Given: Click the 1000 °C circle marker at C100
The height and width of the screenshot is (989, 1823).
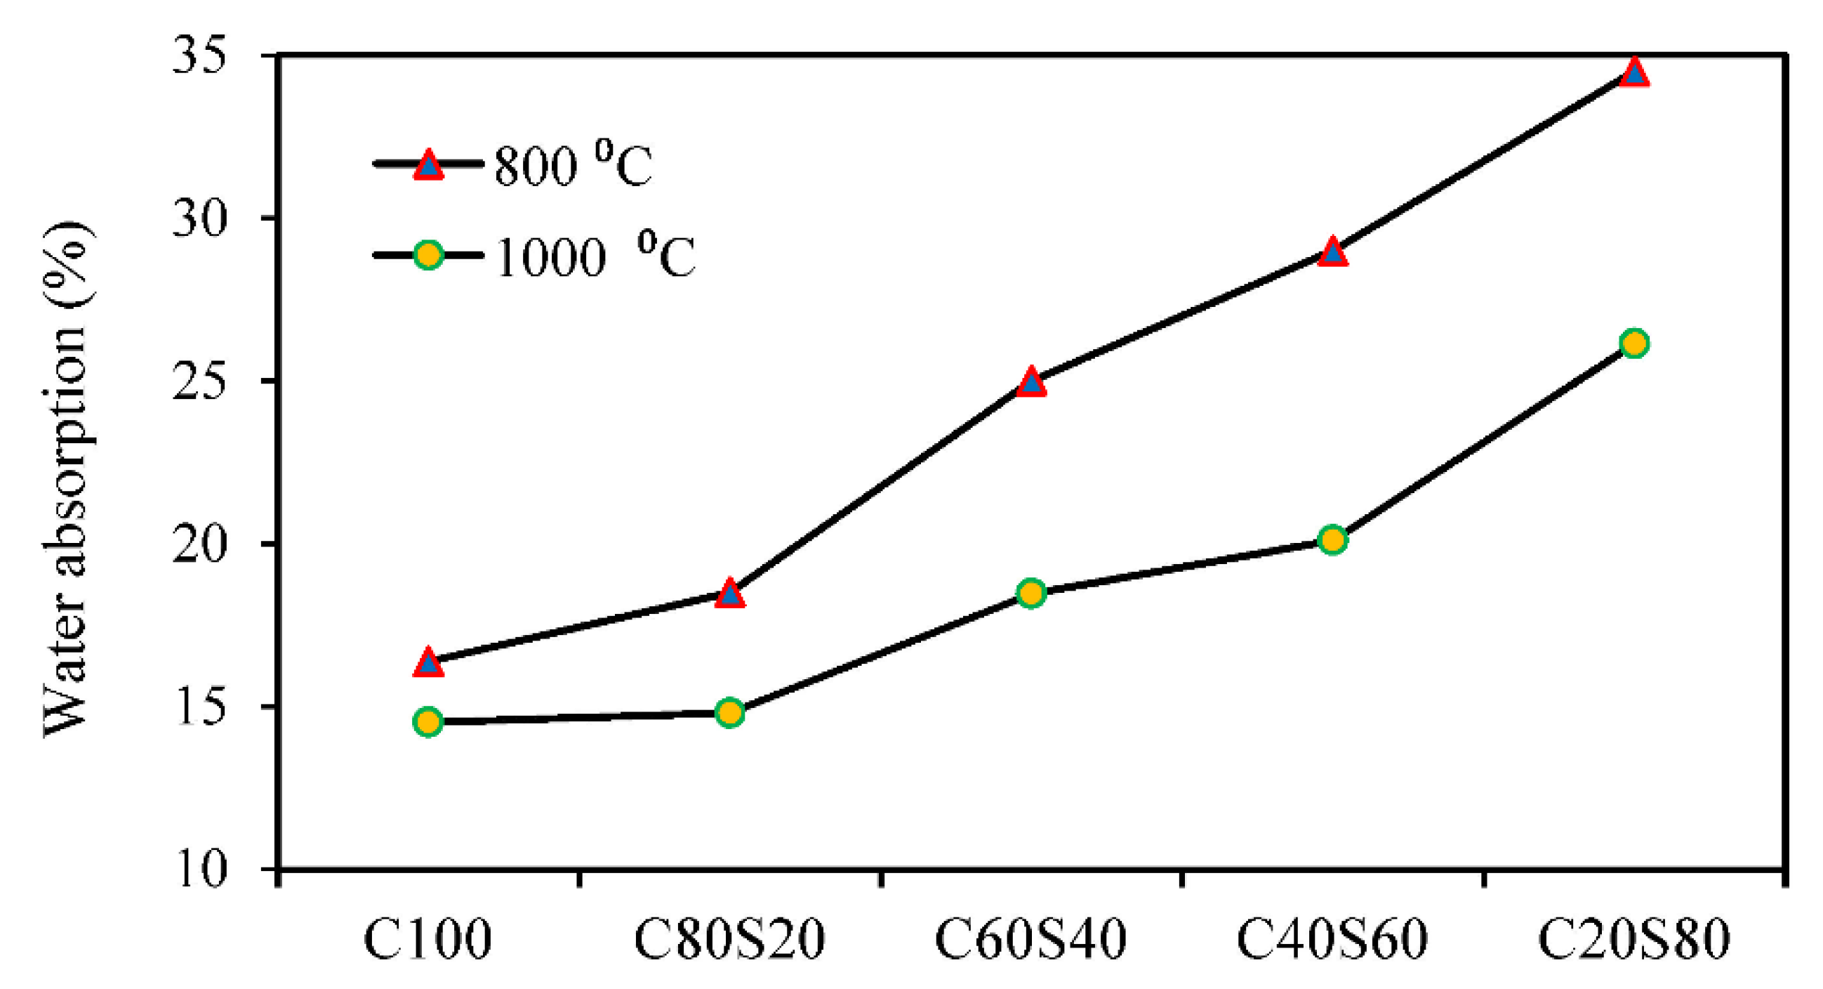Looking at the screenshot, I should pos(428,721).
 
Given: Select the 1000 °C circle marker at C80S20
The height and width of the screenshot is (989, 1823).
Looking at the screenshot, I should pos(729,712).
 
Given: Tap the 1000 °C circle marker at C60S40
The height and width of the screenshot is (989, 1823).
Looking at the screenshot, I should pos(1031,593).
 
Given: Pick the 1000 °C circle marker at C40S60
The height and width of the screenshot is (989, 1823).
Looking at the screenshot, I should pos(1332,540).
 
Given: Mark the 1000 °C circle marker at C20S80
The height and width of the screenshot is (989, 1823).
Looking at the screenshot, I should pos(1634,343).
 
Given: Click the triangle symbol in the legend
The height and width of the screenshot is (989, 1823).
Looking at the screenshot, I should pos(428,166).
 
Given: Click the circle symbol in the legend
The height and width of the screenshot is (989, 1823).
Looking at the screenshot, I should pos(428,254).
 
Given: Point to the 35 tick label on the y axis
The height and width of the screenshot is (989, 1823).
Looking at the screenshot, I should pos(200,55).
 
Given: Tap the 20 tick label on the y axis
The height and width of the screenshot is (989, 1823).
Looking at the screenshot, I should pos(200,544).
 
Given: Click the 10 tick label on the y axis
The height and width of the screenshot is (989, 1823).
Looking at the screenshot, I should pos(200,869).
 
